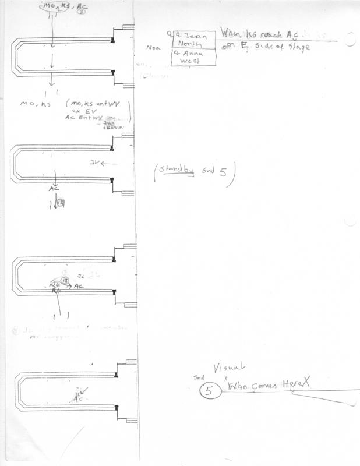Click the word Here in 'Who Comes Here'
click(x=293, y=385)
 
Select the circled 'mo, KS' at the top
click(x=56, y=6)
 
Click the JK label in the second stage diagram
click(x=96, y=163)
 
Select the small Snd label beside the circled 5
click(x=197, y=377)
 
